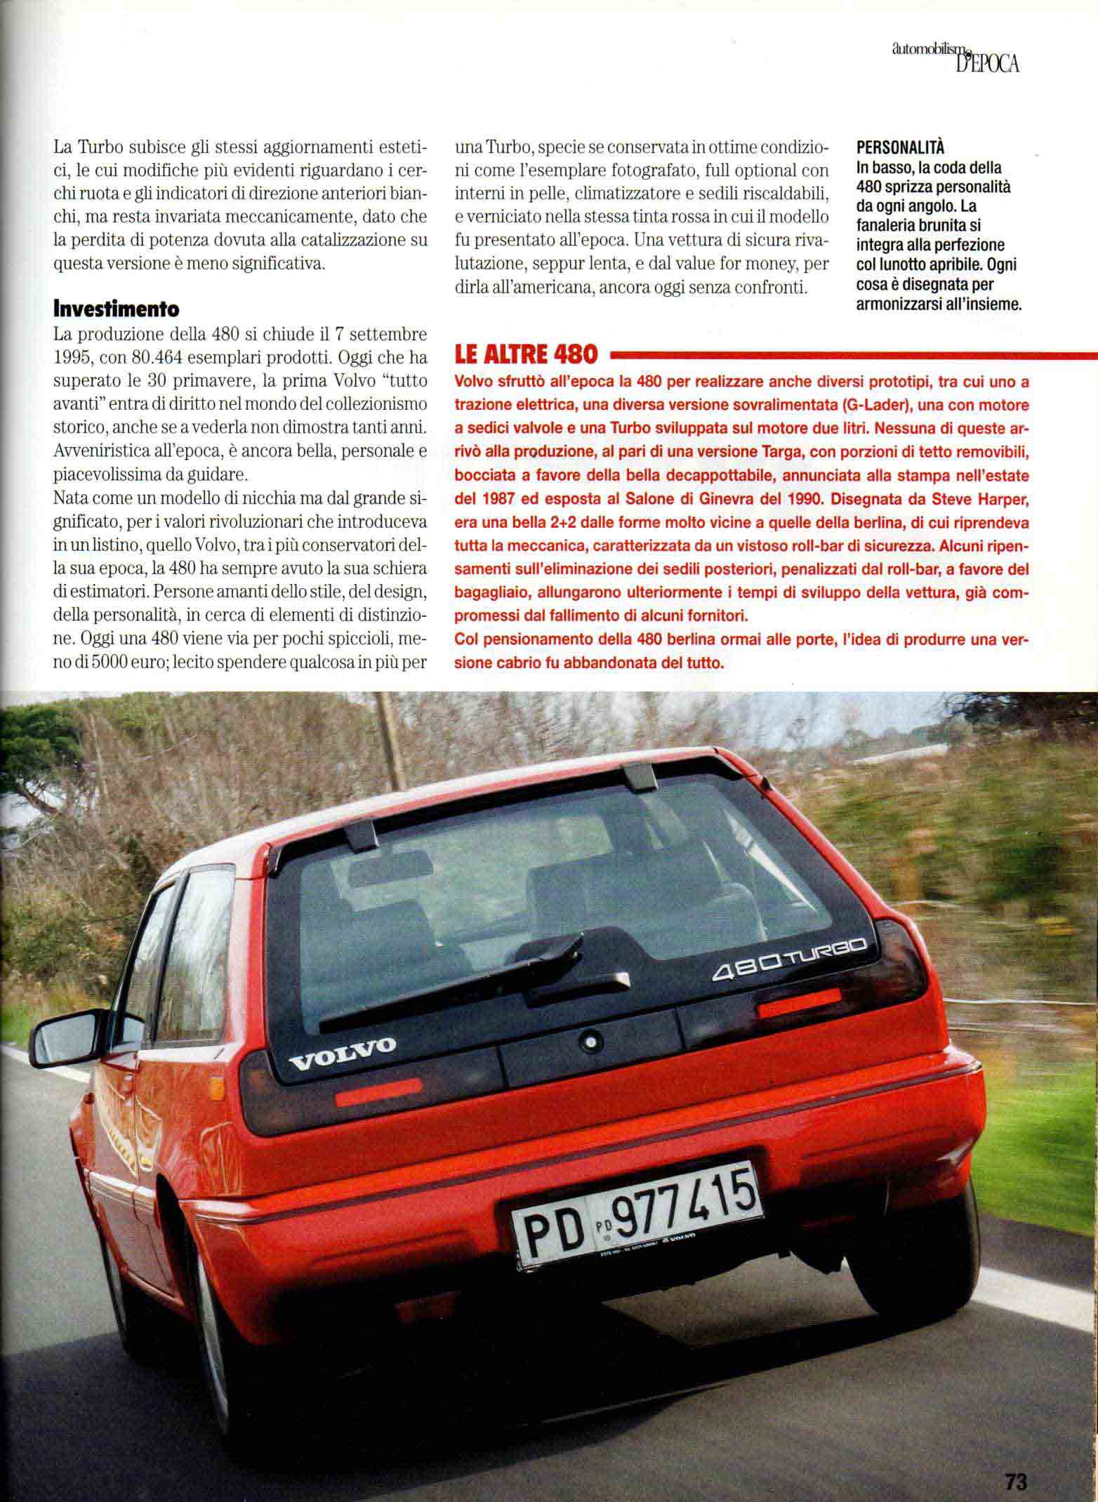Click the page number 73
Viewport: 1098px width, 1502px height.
(x=1014, y=1477)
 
